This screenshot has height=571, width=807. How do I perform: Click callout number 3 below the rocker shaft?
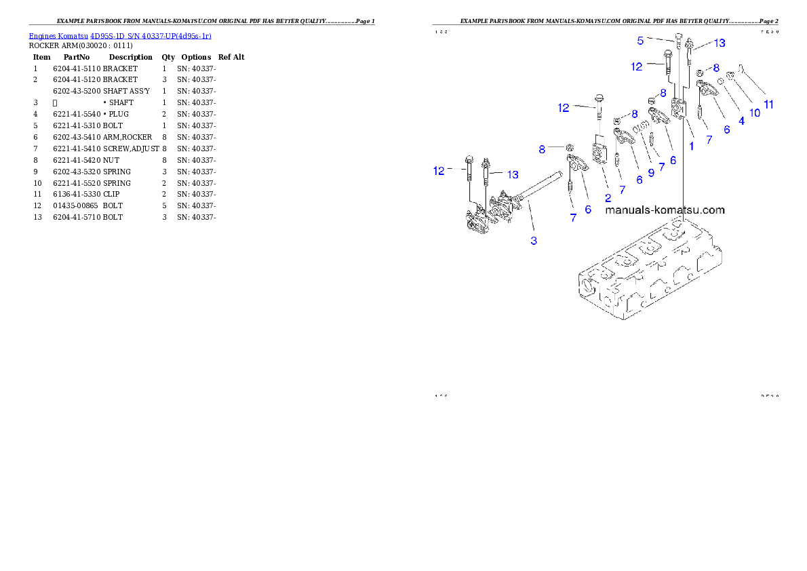point(534,241)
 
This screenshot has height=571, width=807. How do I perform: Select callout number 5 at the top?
point(640,41)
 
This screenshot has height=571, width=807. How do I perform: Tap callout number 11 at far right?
point(768,104)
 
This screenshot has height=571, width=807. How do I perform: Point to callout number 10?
point(754,113)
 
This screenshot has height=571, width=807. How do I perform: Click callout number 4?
point(741,121)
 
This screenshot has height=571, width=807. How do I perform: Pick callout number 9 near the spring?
point(651,173)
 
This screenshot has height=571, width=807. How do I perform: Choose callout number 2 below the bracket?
point(608,197)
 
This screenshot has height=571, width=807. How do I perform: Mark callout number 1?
point(691,146)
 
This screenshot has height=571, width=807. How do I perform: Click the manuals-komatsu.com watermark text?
point(665,210)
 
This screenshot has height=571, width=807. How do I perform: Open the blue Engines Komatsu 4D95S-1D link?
point(120,35)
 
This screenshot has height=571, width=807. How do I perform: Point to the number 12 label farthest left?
point(439,171)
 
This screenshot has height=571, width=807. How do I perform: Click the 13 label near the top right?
point(719,43)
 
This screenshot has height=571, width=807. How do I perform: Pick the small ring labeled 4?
point(721,81)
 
